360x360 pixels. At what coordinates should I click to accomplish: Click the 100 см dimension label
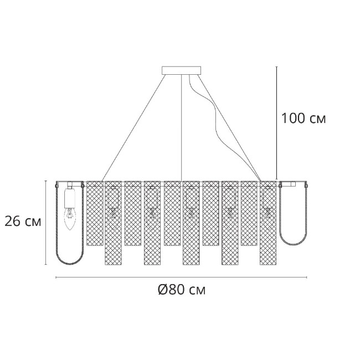pyautogui.click(x=303, y=119)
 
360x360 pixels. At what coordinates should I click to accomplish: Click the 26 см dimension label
pyautogui.click(x=23, y=222)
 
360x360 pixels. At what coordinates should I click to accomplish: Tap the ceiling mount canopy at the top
pyautogui.click(x=182, y=70)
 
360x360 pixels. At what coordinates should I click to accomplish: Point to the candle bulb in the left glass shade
pyautogui.click(x=69, y=217)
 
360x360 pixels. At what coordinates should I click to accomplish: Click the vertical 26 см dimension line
pyautogui.click(x=46, y=222)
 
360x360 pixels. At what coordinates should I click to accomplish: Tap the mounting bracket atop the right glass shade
pyautogui.click(x=293, y=183)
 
